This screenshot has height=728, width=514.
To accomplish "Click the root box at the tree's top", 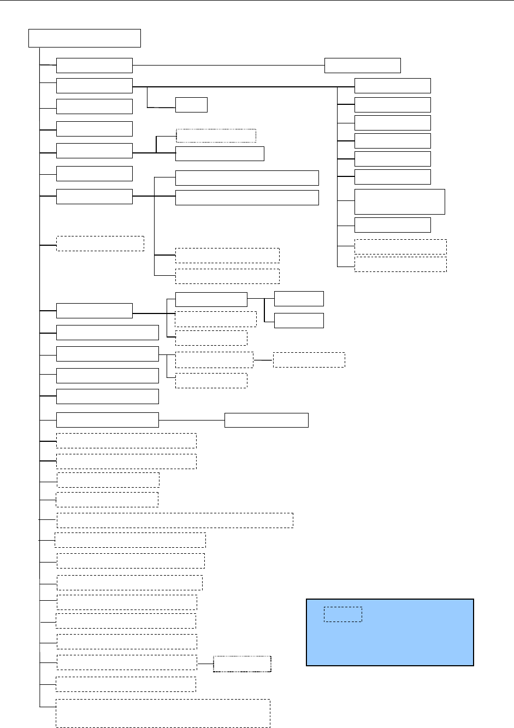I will click(85, 38).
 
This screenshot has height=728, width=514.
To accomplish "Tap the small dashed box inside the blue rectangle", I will click(342, 614).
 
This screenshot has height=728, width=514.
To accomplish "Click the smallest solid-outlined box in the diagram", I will click(191, 104).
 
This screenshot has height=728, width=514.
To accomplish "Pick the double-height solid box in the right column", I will click(399, 202).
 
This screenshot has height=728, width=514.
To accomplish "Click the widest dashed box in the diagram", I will click(175, 520).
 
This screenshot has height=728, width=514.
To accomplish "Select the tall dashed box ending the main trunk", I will click(163, 713).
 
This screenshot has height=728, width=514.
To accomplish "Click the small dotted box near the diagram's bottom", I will click(242, 664).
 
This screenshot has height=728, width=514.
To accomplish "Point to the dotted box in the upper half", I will click(216, 135).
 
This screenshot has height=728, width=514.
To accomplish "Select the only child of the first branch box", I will click(362, 65).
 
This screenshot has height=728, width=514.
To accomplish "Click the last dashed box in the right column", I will click(400, 264).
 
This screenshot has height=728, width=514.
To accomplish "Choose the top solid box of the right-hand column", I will click(392, 86).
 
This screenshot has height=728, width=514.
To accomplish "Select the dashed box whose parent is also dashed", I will click(309, 360).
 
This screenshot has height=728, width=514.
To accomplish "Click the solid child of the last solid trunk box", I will click(266, 420).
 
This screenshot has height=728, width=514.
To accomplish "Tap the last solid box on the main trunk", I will click(107, 420).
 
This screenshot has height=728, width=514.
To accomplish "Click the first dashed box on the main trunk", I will click(100, 244).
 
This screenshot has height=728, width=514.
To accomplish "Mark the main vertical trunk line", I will click(40, 382).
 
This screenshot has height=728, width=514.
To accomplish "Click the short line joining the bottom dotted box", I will click(205, 664).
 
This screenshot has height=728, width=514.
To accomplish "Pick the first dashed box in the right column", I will click(400, 246).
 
